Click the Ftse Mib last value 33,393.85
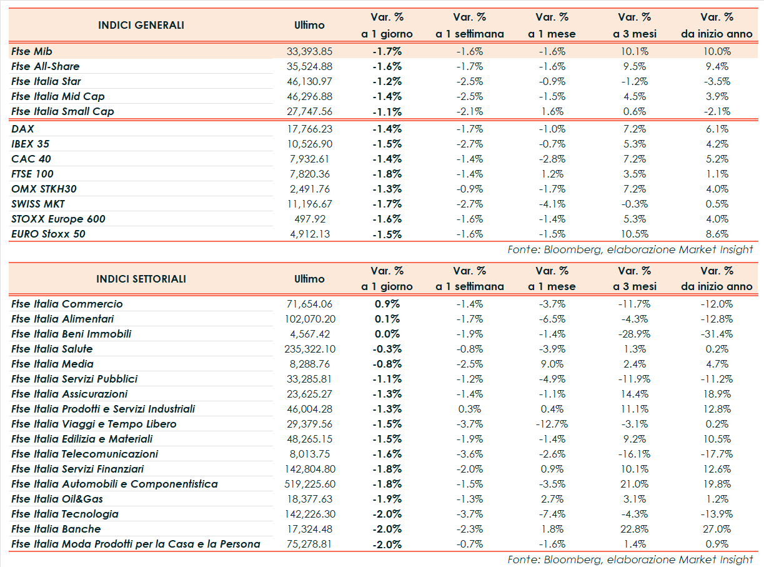point(309,51)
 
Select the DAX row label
point(22,129)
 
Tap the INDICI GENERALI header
point(141,26)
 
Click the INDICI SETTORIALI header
point(141,279)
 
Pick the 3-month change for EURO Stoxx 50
point(633,234)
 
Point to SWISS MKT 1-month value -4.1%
point(551,204)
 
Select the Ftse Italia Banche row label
point(56,529)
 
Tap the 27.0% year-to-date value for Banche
point(716,529)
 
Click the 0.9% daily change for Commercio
point(387,304)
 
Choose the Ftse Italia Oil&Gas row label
point(57,499)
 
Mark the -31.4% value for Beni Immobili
point(716,334)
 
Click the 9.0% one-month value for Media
point(551,364)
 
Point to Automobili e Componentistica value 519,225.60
point(309,484)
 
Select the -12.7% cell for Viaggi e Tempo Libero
point(551,424)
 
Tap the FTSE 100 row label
point(32,174)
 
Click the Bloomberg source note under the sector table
point(630,559)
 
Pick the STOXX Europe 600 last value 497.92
point(309,219)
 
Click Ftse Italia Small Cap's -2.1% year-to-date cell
point(716,111)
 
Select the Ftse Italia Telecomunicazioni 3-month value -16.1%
point(633,454)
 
